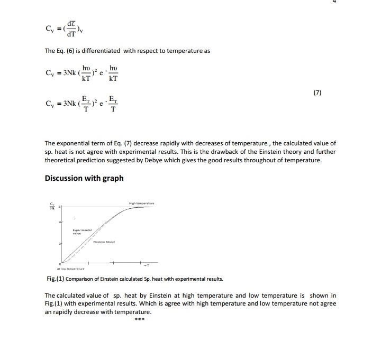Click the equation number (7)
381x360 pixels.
(317, 93)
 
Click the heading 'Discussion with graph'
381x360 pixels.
(84, 178)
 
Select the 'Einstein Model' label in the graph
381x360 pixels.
(103, 242)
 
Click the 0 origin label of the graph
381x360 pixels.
(60, 263)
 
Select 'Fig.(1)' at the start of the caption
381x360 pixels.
(55, 279)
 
